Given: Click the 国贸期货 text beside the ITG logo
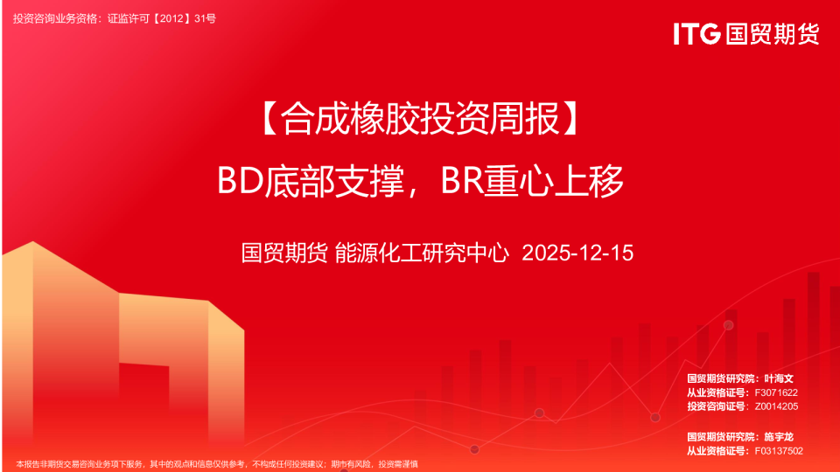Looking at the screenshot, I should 771,34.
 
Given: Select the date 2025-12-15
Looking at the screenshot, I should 577,253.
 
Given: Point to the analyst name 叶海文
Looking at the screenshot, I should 778,378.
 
